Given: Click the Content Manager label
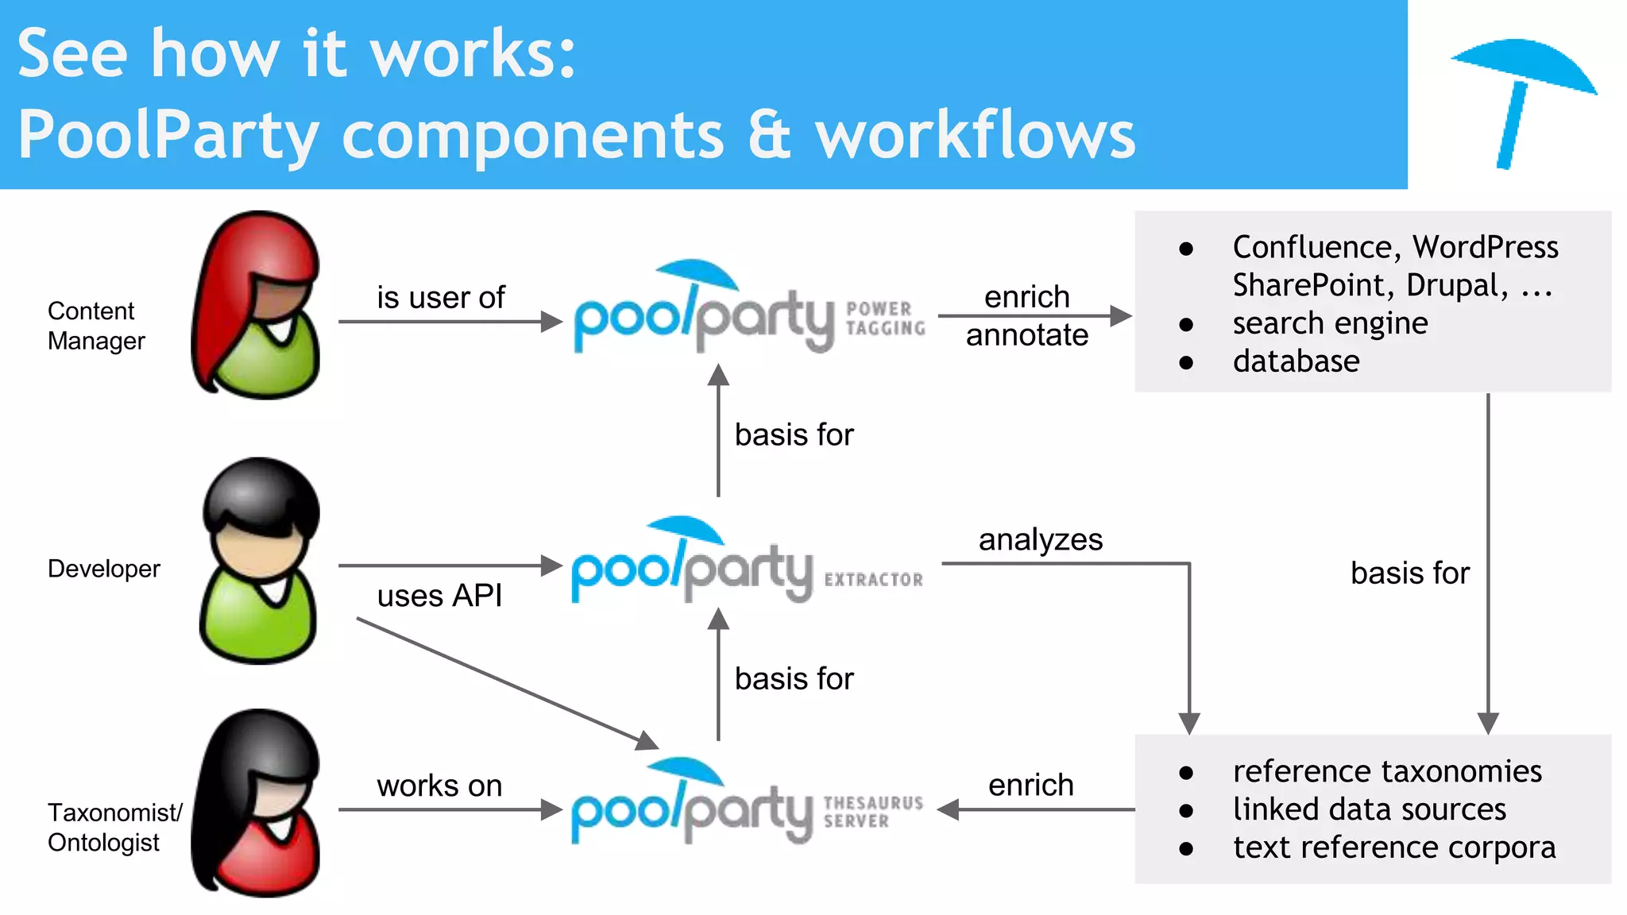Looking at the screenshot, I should pyautogui.click(x=95, y=326).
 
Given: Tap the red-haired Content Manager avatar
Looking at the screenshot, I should pyautogui.click(x=257, y=306).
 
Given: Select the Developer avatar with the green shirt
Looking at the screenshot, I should pyautogui.click(x=260, y=561).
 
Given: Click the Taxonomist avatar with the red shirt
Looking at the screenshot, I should pyautogui.click(x=257, y=804).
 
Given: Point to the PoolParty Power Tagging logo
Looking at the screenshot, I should pyautogui.click(x=748, y=310).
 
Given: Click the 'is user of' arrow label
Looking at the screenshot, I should pyautogui.click(x=440, y=298).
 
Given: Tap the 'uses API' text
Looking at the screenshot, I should pyautogui.click(x=439, y=596).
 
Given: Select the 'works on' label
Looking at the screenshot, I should pyautogui.click(x=439, y=786).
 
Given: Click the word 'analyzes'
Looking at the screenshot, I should pyautogui.click(x=1040, y=540).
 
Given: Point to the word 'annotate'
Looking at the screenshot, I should pyautogui.click(x=1026, y=335).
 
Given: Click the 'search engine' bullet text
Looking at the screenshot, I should pyautogui.click(x=1330, y=323).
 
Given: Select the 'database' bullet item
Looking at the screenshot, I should pyautogui.click(x=1296, y=361).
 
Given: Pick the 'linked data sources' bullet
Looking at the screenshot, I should pyautogui.click(x=1369, y=809).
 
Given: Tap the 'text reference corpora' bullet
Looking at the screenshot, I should pyautogui.click(x=1393, y=847).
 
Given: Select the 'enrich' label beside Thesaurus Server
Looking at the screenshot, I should pyautogui.click(x=1030, y=785).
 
